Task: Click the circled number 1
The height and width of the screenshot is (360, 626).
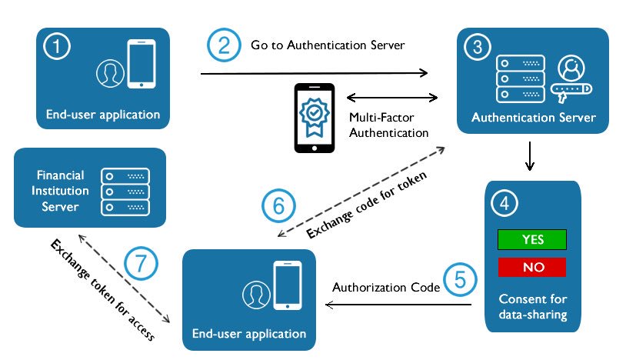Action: tap(57, 48)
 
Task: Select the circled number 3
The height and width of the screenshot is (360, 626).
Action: tap(477, 46)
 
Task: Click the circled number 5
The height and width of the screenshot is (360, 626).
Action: tap(459, 278)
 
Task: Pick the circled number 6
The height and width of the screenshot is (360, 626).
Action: tap(278, 205)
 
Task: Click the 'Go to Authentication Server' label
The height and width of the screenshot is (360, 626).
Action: tap(328, 45)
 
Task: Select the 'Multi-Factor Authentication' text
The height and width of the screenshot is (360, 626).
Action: tap(388, 125)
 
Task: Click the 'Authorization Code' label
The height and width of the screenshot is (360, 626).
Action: tap(386, 287)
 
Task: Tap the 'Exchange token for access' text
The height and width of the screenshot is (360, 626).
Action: tap(102, 290)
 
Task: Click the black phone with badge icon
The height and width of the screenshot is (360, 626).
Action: tap(315, 117)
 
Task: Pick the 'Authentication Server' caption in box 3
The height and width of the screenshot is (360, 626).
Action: tap(533, 118)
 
